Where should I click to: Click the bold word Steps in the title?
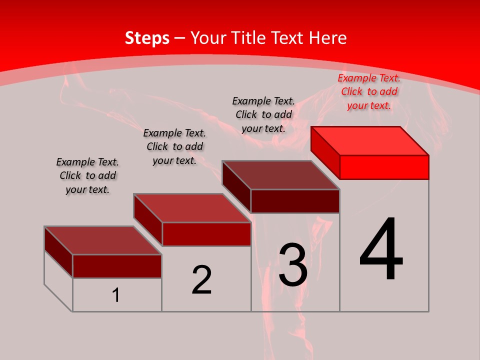pyautogui.click(x=147, y=38)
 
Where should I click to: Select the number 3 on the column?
pyautogui.click(x=293, y=265)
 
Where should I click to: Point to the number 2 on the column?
pyautogui.click(x=202, y=280)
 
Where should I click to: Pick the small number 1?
pyautogui.click(x=116, y=295)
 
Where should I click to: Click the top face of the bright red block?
pyautogui.click(x=370, y=140)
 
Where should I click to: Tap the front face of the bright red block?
pyautogui.click(x=384, y=167)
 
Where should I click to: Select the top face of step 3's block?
pyautogui.click(x=281, y=175)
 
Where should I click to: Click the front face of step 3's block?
pyautogui.click(x=295, y=201)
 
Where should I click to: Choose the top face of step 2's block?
pyautogui.click(x=192, y=208)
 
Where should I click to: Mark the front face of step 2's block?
pyautogui.click(x=206, y=234)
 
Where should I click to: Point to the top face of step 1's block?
pyautogui.click(x=102, y=240)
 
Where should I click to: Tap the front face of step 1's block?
pyautogui.click(x=117, y=266)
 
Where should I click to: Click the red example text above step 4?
pyautogui.click(x=369, y=91)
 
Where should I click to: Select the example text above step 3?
pyautogui.click(x=263, y=114)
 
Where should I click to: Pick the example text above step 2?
pyautogui.click(x=174, y=146)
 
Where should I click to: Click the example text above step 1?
pyautogui.click(x=87, y=175)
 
